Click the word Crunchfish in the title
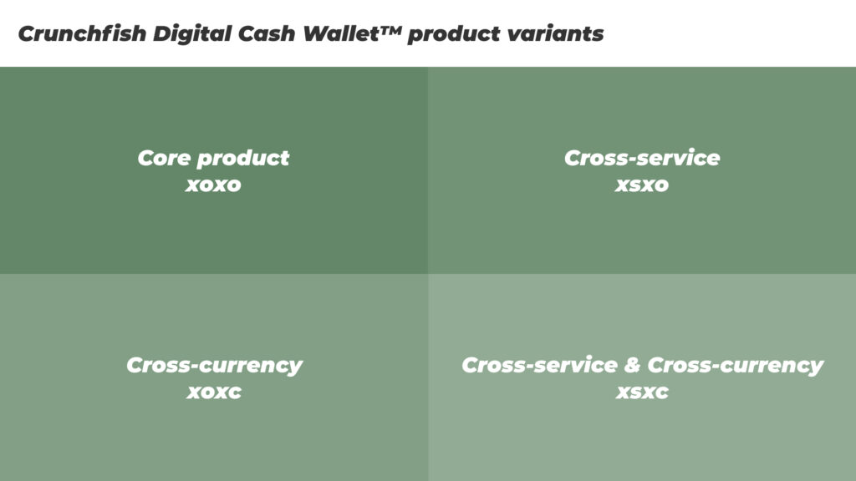tap(83, 33)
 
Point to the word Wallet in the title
tap(341, 33)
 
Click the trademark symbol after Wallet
tap(391, 30)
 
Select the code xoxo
tap(213, 185)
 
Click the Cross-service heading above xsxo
tap(642, 158)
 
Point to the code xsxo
tap(642, 185)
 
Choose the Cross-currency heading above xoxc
tap(214, 366)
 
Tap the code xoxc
tap(214, 392)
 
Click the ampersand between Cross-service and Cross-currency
tap(632, 366)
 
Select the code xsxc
tap(642, 392)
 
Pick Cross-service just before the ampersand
tap(539, 366)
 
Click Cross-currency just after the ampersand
tap(736, 366)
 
